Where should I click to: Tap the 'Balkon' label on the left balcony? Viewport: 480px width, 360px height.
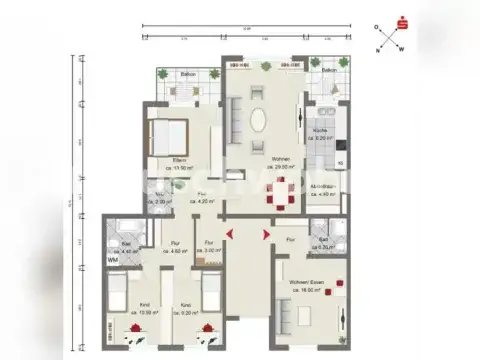[x=188, y=75]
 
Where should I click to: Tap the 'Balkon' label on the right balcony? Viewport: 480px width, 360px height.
[x=329, y=71]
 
